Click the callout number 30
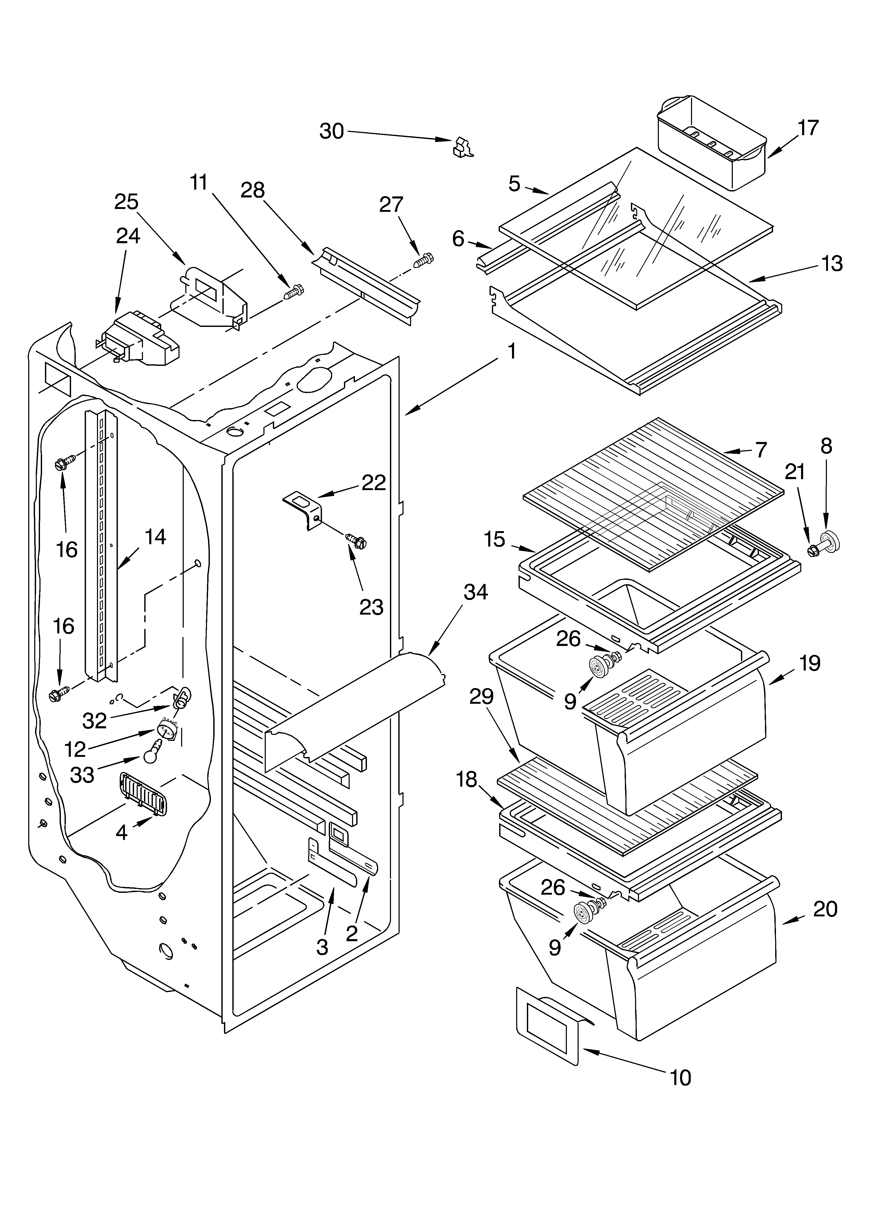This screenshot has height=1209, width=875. [331, 131]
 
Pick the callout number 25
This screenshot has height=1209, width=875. [126, 202]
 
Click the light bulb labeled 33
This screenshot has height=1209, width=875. [153, 751]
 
